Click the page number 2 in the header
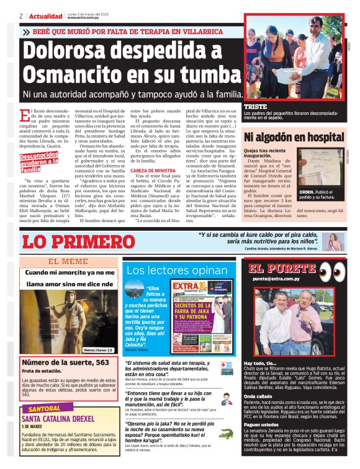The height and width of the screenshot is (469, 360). [x=21, y=16]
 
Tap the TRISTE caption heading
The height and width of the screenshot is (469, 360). [x=256, y=107]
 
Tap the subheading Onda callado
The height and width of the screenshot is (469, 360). [x=261, y=396]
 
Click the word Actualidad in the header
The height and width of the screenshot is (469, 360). [x=46, y=16]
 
